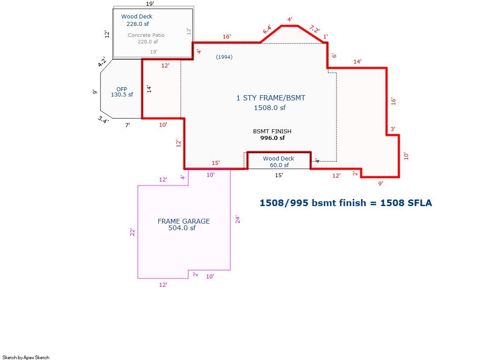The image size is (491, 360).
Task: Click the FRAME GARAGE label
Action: click(x=183, y=221)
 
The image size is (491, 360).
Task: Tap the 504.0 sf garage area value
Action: click(x=182, y=228)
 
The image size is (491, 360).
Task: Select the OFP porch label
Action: click(x=122, y=89)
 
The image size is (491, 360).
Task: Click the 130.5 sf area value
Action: click(x=122, y=95)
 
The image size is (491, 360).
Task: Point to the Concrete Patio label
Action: click(x=146, y=35)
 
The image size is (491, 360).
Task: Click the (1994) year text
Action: click(x=224, y=57)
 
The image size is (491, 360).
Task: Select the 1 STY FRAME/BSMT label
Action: click(x=271, y=98)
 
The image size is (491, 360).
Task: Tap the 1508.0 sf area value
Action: click(x=269, y=108)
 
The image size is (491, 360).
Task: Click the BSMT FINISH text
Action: click(x=272, y=132)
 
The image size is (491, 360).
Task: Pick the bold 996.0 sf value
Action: click(x=272, y=138)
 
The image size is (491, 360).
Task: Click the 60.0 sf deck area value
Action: click(x=280, y=165)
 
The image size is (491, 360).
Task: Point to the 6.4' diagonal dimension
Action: click(x=267, y=30)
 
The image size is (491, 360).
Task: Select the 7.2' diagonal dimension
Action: click(x=315, y=29)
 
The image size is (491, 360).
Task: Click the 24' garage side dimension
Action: click(x=238, y=220)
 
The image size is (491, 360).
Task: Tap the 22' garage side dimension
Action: click(x=133, y=232)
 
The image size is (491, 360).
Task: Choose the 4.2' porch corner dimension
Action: click(x=102, y=62)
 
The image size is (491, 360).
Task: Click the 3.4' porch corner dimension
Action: click(x=104, y=119)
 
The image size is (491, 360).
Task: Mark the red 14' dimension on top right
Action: click(x=357, y=62)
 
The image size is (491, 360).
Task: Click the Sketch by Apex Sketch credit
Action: click(x=26, y=357)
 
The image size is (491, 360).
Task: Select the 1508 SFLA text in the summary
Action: click(x=406, y=203)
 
